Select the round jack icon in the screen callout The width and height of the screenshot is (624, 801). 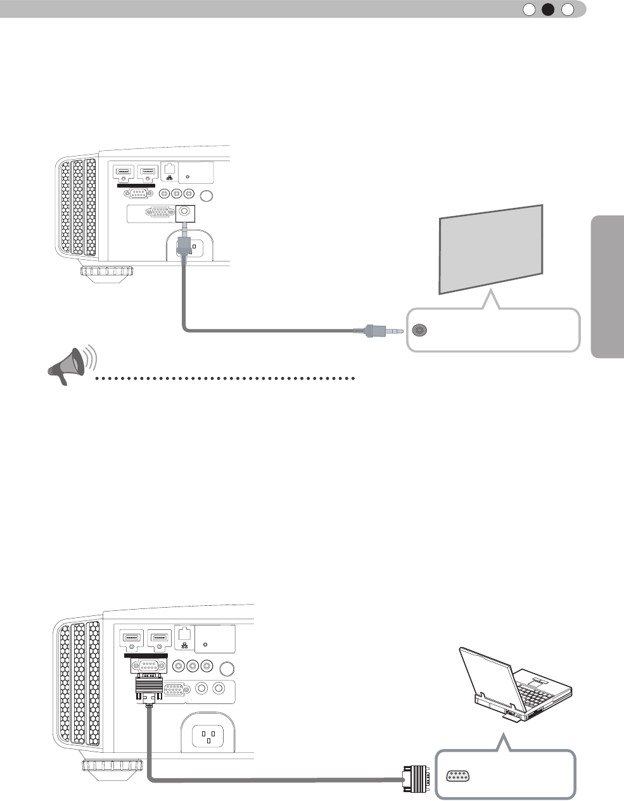click(419, 330)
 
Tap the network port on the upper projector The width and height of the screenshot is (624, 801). click(169, 169)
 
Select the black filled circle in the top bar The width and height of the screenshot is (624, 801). click(548, 9)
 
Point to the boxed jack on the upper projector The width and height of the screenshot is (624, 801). click(184, 213)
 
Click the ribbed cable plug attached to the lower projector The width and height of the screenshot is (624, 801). click(149, 687)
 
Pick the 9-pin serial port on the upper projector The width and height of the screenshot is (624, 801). click(139, 194)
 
